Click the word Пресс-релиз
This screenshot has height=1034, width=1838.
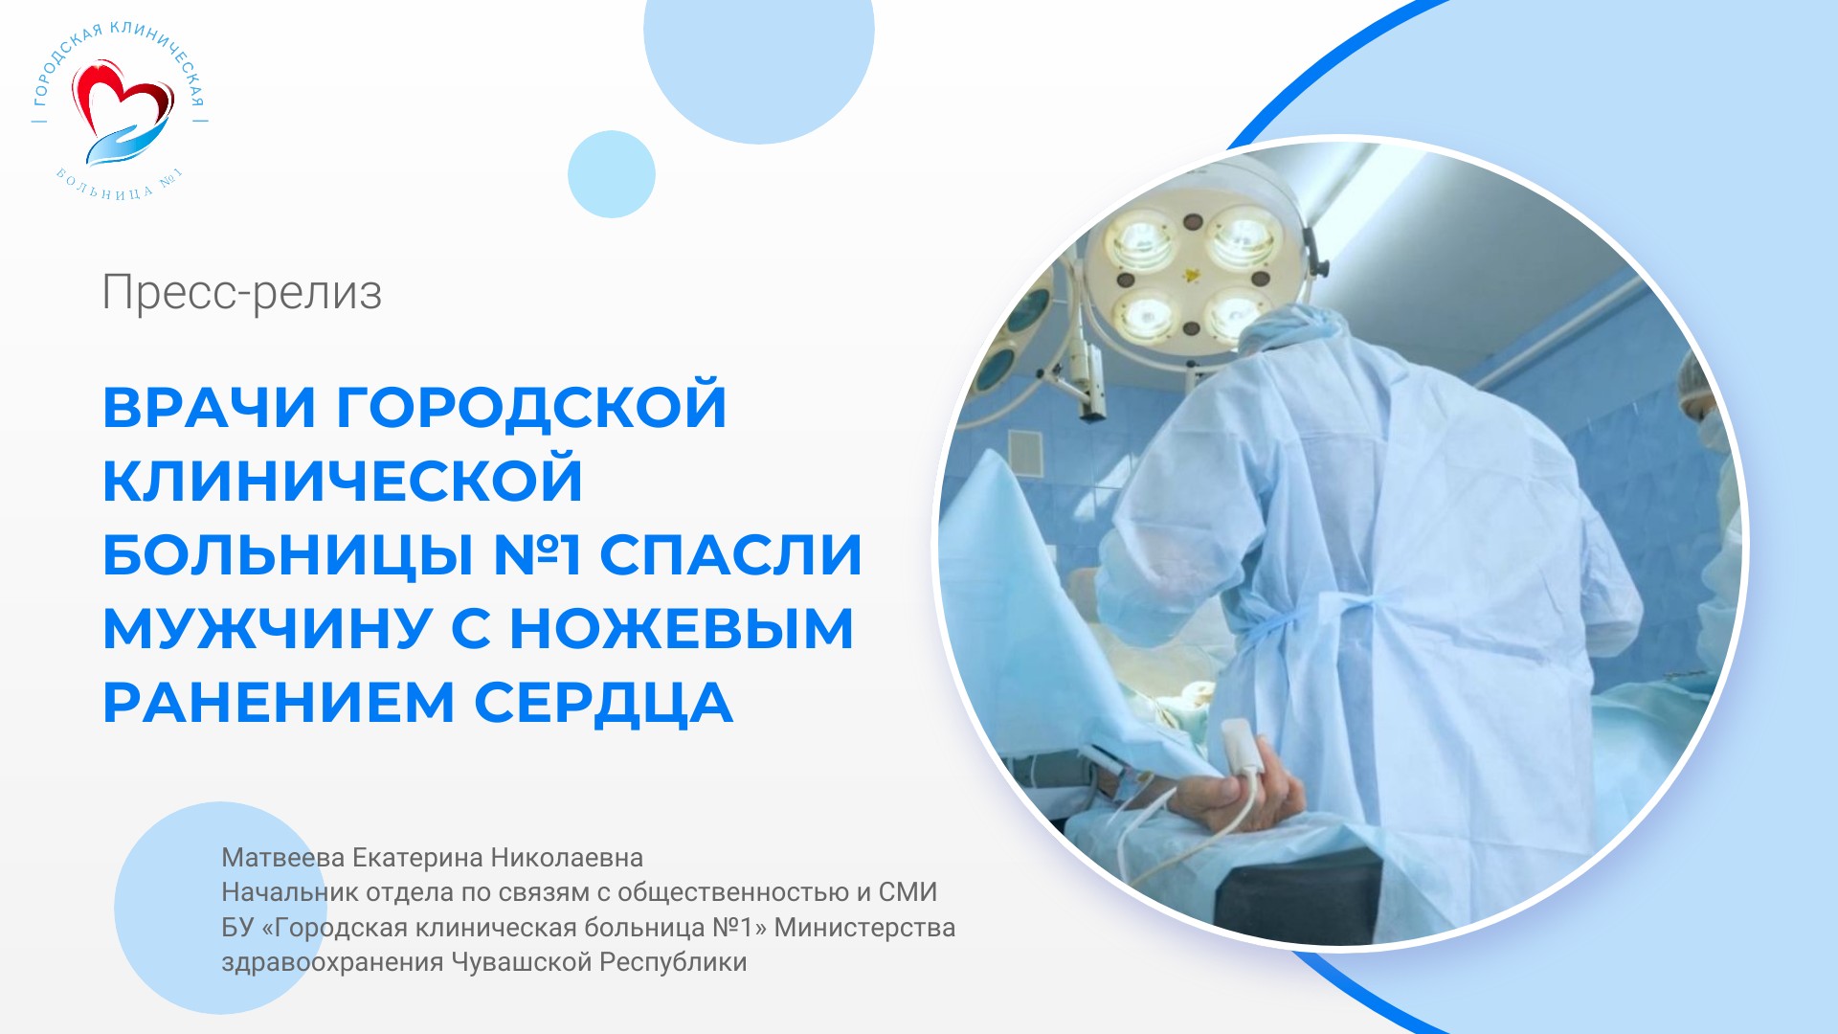[242, 293]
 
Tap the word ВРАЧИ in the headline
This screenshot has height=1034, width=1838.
[210, 407]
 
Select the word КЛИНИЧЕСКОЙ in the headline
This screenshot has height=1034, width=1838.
[343, 481]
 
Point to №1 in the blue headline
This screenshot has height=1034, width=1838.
[537, 554]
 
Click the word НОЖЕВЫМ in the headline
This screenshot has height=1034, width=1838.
[681, 629]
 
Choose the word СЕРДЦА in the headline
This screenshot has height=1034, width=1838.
[604, 705]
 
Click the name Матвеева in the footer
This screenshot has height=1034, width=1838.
[283, 858]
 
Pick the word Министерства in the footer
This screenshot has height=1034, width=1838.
[864, 928]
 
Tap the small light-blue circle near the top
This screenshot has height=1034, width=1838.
[612, 174]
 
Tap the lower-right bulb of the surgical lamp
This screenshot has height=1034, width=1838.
[1232, 314]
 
